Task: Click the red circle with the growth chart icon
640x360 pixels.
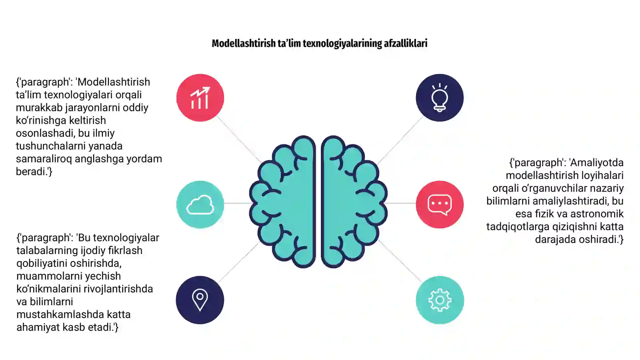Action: pyautogui.click(x=200, y=98)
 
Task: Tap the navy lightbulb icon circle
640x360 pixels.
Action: pyautogui.click(x=440, y=98)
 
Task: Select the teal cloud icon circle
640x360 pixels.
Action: pyautogui.click(x=200, y=204)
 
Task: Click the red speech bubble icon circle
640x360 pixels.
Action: pyautogui.click(x=440, y=204)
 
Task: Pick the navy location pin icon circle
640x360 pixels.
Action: pyautogui.click(x=200, y=300)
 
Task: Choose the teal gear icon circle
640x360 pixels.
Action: pyautogui.click(x=440, y=300)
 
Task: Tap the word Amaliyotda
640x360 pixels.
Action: pyautogui.click(x=596, y=162)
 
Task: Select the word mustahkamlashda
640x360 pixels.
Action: pyautogui.click(x=60, y=314)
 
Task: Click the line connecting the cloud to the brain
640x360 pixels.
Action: pyautogui.click(x=237, y=203)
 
